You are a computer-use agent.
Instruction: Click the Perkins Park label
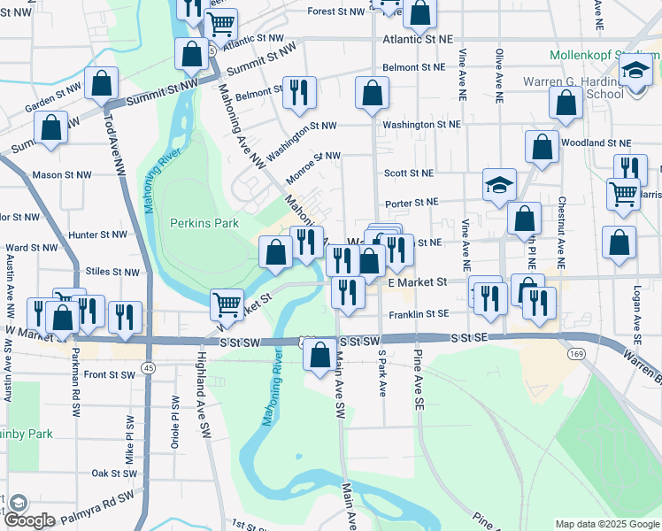(x=204, y=223)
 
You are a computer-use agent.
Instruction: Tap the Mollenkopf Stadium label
(x=604, y=54)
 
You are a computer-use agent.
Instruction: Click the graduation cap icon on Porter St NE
(x=499, y=186)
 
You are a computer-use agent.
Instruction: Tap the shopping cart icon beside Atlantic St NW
(x=221, y=25)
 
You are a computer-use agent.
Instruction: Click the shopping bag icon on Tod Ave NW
(x=103, y=84)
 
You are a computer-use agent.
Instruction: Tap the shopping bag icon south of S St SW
(x=319, y=356)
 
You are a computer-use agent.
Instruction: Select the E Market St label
(x=419, y=281)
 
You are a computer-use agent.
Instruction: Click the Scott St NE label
(x=408, y=173)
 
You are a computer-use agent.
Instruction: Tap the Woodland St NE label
(x=602, y=142)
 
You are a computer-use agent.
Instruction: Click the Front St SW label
(x=109, y=374)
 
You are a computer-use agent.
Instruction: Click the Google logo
(x=30, y=520)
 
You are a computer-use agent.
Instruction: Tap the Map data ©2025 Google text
(x=606, y=523)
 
